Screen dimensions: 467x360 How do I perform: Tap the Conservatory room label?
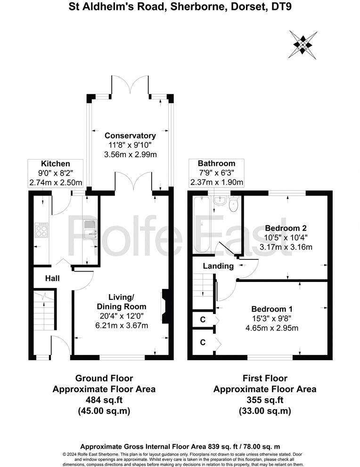click(130, 136)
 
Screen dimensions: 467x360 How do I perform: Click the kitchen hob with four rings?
click(41, 231)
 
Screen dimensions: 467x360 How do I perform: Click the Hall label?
click(52, 278)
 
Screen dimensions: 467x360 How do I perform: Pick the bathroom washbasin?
click(218, 202)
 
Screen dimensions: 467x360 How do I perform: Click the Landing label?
click(218, 266)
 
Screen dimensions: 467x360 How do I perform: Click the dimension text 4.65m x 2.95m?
click(272, 328)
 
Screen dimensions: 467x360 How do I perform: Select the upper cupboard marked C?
click(203, 320)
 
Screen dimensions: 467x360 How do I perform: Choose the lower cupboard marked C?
click(203, 342)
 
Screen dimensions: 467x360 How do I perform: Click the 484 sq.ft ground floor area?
click(104, 400)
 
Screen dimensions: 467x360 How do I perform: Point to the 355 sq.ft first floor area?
click(264, 400)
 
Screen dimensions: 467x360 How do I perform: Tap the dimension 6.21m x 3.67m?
click(122, 325)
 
